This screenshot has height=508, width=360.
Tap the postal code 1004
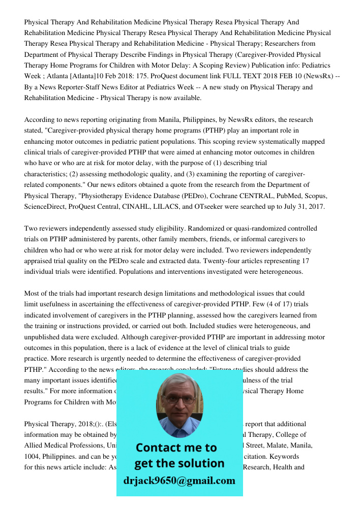[x=33, y=456]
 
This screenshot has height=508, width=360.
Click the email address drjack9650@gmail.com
[x=179, y=480]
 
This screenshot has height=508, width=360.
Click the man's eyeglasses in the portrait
[x=179, y=399]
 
